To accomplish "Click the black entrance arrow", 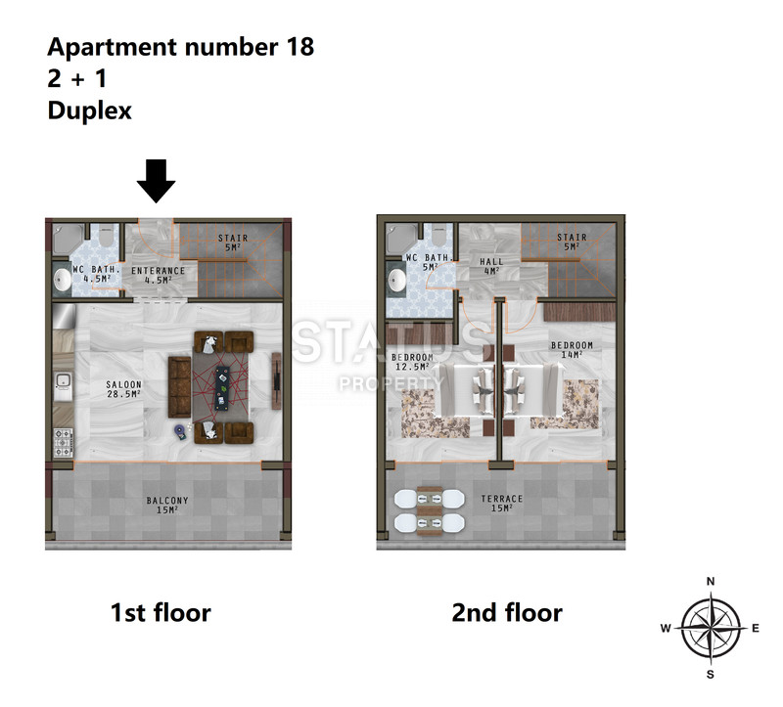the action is tap(156, 181).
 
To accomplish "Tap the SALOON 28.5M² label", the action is tap(124, 389).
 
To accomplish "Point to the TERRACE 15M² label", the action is tap(502, 503).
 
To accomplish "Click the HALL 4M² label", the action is tap(491, 266).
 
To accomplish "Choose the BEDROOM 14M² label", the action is tap(572, 350).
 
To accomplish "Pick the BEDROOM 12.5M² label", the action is tap(412, 362).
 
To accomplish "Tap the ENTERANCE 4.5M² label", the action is tap(158, 276).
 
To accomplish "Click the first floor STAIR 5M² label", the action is tap(233, 243).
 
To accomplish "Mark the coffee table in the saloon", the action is tap(222, 388).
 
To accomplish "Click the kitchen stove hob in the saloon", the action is tap(63, 443).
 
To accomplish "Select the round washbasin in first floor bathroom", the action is tap(63, 280).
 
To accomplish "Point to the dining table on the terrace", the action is tap(430, 510).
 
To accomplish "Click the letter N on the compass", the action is tap(711, 581).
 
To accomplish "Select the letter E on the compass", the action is tap(755, 628).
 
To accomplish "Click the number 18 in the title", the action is tap(300, 47).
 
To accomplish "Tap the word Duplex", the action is tap(89, 110).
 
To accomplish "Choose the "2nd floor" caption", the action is tap(507, 613).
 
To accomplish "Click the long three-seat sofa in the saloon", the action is tap(179, 386).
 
